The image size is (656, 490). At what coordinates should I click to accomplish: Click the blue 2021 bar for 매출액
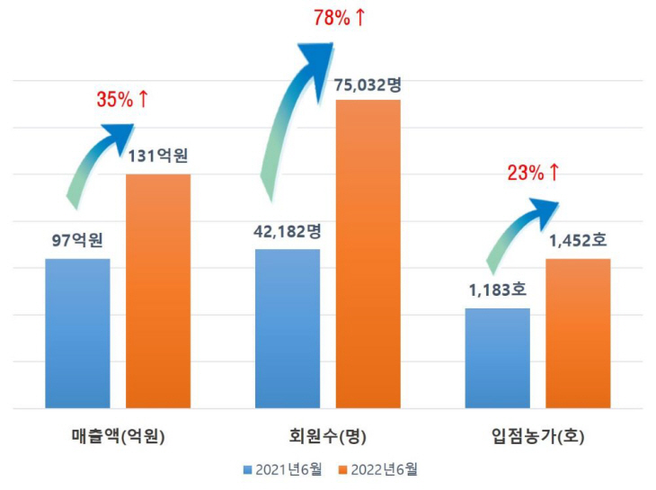tap(77, 334)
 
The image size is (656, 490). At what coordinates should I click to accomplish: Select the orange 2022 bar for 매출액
tap(157, 290)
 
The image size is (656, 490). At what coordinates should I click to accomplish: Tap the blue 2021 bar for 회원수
tap(288, 328)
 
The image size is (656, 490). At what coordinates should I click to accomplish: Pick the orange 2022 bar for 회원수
tap(368, 254)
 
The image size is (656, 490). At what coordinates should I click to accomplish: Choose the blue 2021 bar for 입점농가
tap(497, 358)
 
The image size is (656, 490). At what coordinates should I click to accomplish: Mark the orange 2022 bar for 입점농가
tap(578, 334)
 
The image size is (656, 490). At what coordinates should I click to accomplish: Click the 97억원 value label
tap(77, 241)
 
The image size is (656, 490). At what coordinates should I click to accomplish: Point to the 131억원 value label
tap(157, 156)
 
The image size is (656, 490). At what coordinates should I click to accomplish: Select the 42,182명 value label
tap(288, 231)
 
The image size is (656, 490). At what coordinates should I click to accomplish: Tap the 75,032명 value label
tap(368, 85)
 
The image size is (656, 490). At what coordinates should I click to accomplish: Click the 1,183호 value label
tap(497, 290)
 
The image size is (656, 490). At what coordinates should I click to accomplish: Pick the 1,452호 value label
tap(579, 241)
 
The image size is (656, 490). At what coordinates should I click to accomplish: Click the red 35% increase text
tap(122, 99)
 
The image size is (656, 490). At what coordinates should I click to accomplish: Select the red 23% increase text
tap(534, 173)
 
